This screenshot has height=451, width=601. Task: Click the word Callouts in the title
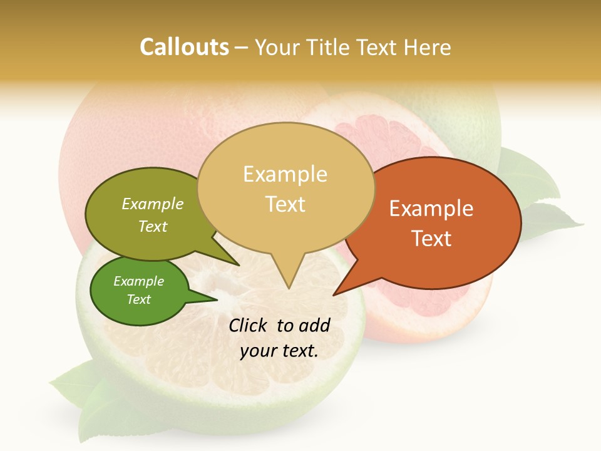[184, 47]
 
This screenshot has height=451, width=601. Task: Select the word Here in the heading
[427, 47]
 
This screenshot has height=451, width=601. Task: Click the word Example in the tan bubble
[285, 174]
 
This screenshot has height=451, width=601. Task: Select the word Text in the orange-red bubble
[431, 238]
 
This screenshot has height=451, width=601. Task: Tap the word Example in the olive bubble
[153, 204]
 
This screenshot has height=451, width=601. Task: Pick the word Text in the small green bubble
[139, 299]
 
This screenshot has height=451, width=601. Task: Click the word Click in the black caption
[249, 325]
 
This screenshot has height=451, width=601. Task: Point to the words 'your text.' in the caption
[279, 351]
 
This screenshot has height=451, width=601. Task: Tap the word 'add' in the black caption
[314, 325]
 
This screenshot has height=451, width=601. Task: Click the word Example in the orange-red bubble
[431, 209]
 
